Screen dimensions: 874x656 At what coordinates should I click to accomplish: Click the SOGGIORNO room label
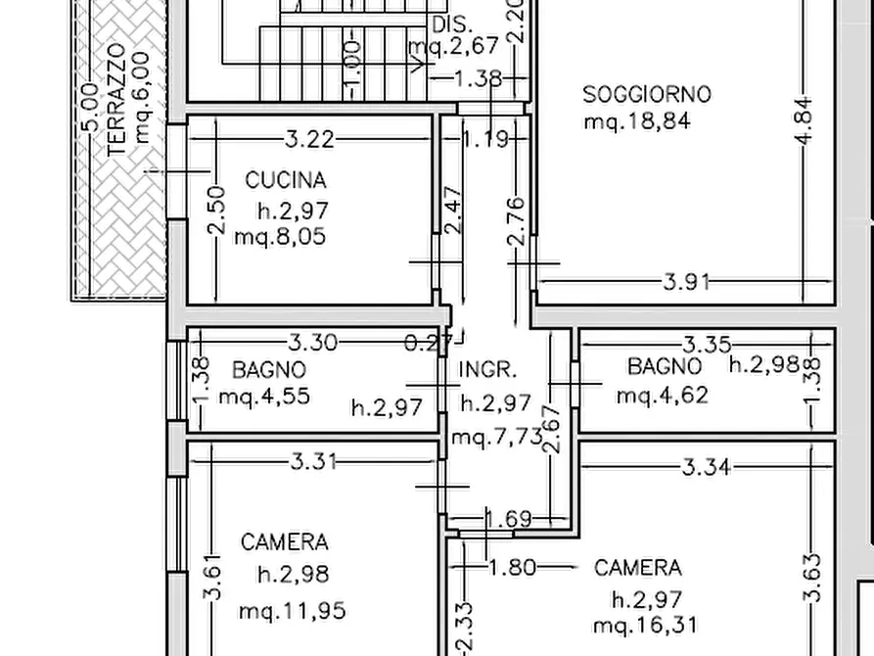(647, 94)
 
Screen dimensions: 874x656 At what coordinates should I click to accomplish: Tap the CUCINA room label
(286, 180)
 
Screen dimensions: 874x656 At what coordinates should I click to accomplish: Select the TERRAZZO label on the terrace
(116, 100)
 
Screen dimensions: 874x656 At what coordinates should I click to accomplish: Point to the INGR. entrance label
(487, 369)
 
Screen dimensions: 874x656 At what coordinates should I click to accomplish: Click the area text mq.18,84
(637, 121)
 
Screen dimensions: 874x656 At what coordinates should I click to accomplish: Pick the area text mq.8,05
(280, 237)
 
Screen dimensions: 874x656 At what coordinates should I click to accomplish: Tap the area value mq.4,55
(264, 397)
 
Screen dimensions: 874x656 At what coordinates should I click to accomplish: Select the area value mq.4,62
(663, 396)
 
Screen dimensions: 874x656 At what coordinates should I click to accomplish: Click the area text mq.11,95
(292, 611)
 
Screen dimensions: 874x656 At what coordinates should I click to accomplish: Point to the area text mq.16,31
(645, 626)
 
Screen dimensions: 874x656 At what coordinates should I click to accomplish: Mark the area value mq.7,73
(496, 437)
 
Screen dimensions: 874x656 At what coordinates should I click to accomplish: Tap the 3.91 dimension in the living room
(687, 282)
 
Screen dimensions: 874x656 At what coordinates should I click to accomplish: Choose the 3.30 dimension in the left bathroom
(312, 342)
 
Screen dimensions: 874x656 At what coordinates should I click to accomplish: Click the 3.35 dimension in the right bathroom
(707, 345)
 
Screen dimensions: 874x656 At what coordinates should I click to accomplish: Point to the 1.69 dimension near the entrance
(509, 519)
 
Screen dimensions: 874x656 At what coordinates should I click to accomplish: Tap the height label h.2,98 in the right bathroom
(764, 364)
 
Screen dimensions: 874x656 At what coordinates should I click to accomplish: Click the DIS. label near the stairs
(452, 24)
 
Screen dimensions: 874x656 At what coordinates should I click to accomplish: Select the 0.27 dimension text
(428, 343)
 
